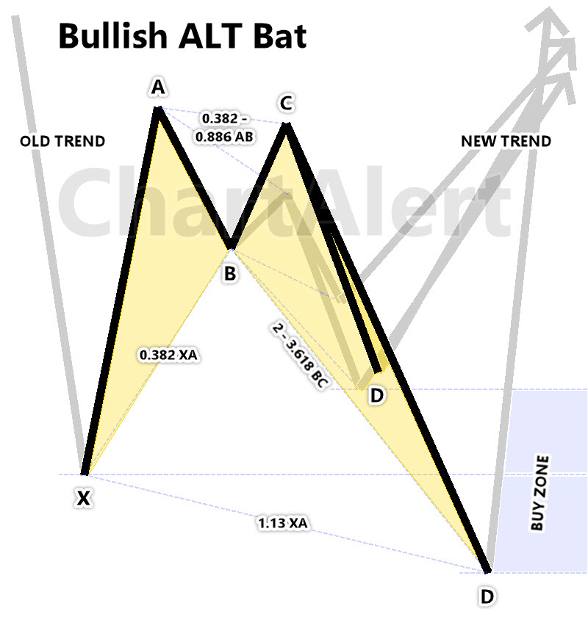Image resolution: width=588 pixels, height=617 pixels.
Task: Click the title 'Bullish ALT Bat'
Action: click(182, 36)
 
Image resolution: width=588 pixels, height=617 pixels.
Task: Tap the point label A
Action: click(157, 88)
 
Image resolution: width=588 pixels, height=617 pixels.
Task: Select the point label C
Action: click(286, 104)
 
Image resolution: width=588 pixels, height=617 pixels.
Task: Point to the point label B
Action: click(230, 275)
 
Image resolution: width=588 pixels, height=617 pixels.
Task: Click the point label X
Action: click(85, 499)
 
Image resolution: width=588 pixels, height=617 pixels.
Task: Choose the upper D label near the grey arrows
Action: click(376, 396)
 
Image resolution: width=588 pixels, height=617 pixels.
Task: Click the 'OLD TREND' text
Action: click(62, 141)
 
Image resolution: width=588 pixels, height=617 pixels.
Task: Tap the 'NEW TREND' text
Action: click(506, 141)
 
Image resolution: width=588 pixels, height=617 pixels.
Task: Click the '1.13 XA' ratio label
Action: click(283, 523)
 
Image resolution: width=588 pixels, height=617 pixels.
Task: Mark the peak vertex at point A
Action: click(157, 109)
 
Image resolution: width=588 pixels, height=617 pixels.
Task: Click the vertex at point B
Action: click(231, 247)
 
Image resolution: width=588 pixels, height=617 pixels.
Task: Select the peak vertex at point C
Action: click(287, 124)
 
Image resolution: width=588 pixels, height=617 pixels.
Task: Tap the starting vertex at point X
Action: click(85, 474)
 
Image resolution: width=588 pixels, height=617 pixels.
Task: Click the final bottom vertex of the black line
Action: click(487, 570)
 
